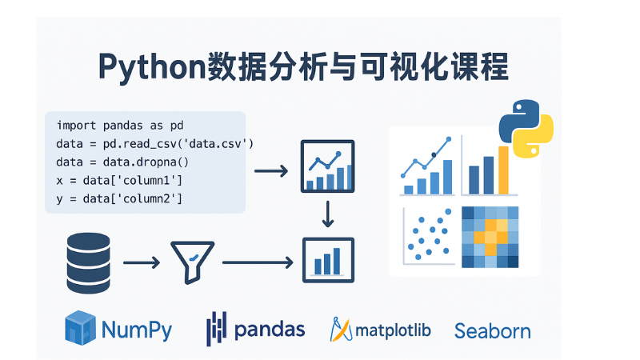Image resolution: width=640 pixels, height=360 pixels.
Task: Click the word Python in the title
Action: [x=151, y=67]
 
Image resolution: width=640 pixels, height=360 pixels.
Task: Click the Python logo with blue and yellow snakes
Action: [x=526, y=127]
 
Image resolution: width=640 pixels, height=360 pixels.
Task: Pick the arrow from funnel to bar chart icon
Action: [x=256, y=262]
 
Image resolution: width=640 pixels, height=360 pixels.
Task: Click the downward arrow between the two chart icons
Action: [x=326, y=214]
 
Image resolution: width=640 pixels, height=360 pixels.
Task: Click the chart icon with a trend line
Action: [x=326, y=166]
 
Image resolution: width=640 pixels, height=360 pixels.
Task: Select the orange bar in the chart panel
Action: [x=503, y=170]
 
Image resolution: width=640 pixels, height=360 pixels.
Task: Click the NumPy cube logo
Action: [x=81, y=328]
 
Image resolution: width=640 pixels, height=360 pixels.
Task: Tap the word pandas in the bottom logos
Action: [x=270, y=329]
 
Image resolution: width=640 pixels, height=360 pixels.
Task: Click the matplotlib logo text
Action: [x=392, y=330]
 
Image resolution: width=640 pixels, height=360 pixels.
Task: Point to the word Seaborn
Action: [x=492, y=330]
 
